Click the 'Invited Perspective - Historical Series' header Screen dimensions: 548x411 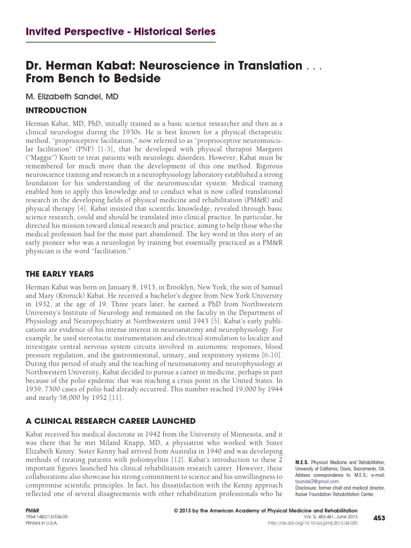(x=120, y=32)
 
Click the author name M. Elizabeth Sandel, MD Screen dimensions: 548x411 (x=72, y=97)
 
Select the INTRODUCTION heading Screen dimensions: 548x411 (x=56, y=111)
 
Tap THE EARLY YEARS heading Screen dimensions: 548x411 (x=60, y=274)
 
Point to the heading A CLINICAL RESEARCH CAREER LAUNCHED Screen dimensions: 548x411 (x=111, y=421)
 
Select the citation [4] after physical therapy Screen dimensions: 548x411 (x=81, y=208)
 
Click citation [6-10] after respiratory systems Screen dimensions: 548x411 (x=272, y=355)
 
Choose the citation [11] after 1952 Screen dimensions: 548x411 (x=116, y=398)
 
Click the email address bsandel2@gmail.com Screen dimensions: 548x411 (x=317, y=481)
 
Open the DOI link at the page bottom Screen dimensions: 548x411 (x=312, y=523)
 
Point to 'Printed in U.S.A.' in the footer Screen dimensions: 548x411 (x=42, y=523)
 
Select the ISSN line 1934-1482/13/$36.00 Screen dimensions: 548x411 (x=47, y=517)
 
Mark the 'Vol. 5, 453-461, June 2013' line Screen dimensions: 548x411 (x=330, y=517)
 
